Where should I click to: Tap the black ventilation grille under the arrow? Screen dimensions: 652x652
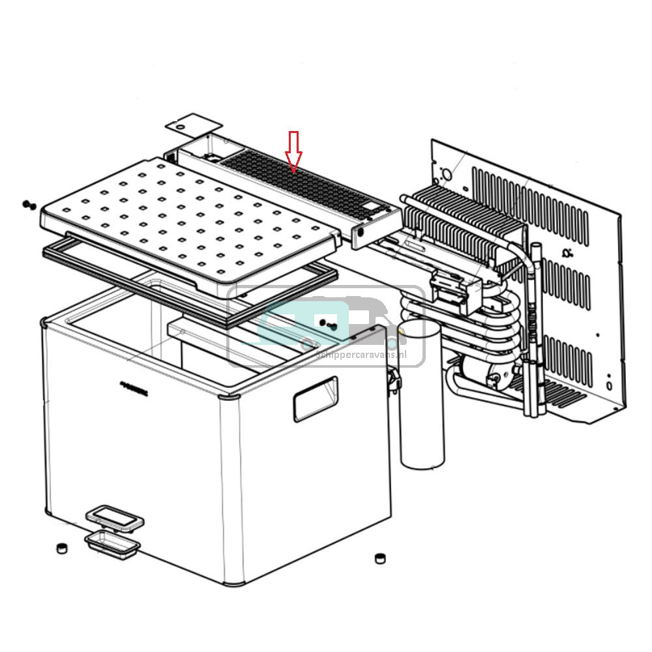[300, 183]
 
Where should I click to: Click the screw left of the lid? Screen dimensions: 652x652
[28, 205]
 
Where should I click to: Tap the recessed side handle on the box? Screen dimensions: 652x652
[316, 398]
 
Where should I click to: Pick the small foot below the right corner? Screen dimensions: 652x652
[379, 558]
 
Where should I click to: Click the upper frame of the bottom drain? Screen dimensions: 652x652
[115, 518]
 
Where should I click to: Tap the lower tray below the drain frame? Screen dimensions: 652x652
[111, 542]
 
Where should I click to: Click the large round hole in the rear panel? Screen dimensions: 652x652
[447, 174]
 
